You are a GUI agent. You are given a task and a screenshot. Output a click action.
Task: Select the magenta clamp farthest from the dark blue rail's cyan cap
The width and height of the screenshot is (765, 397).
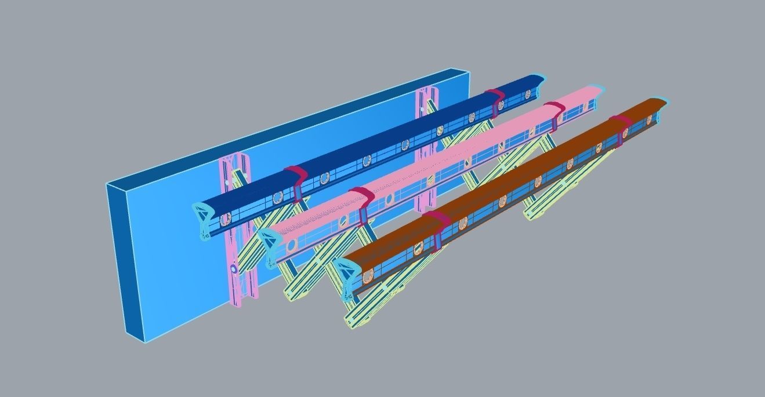coord(496,97)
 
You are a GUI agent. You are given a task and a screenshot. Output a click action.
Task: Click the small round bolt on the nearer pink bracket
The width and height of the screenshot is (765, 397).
coord(233,269)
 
